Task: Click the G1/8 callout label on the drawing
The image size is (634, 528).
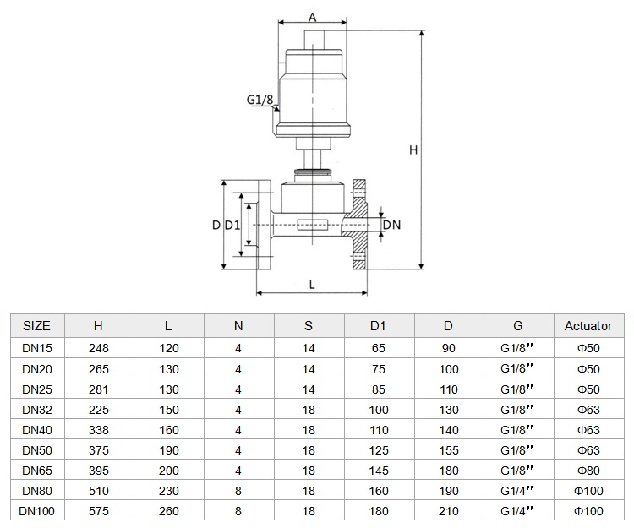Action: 260,100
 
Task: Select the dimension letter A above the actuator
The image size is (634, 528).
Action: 312,18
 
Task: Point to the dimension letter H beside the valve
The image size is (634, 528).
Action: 413,150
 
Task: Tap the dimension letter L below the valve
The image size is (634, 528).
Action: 312,285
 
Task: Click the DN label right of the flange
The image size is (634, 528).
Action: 391,225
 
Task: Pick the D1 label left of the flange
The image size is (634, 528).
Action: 232,225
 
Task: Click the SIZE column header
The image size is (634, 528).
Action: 36,325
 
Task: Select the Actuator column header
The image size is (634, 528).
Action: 588,325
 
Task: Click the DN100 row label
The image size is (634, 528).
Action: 37,511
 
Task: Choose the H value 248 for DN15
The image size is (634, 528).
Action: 99,348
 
